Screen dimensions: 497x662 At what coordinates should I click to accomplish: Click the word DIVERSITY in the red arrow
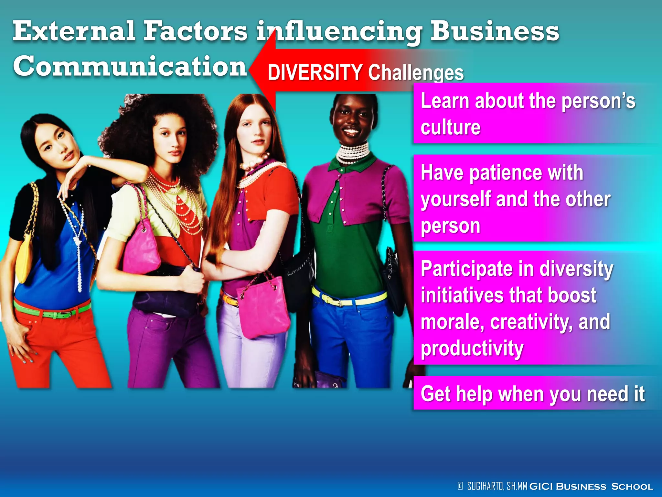coord(315,72)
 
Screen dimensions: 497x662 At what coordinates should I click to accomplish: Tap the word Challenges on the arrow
coord(416,73)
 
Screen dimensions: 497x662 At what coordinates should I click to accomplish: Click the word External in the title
coord(74,31)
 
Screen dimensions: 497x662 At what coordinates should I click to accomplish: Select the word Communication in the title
coord(130,66)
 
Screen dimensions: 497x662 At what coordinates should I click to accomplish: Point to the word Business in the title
coord(495,31)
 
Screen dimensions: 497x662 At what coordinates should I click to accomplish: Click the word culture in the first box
coord(450,127)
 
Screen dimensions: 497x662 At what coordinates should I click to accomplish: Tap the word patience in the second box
coord(506,172)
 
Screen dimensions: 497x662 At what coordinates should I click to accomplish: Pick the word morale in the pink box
coord(452,322)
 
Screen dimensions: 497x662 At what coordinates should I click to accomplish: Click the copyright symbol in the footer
coord(460,486)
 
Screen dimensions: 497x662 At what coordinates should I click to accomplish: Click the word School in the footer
coord(632,487)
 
